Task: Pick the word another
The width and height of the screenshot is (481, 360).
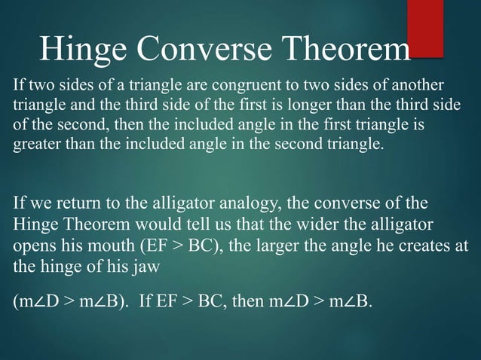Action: point(421,84)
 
